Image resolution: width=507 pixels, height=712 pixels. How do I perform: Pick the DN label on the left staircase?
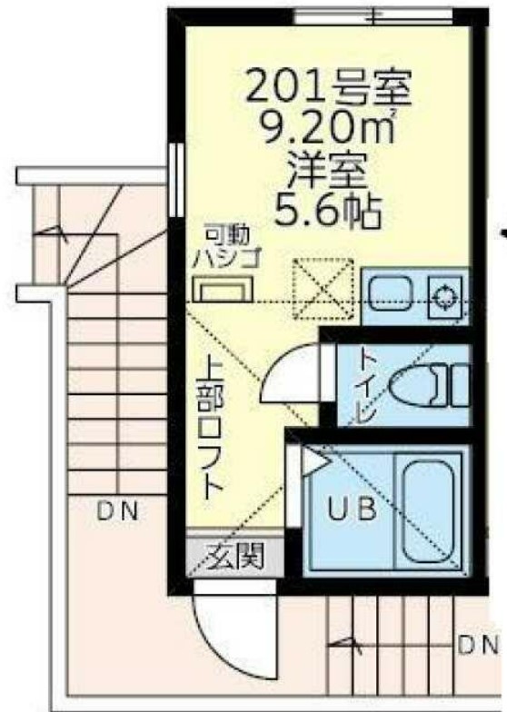(118, 510)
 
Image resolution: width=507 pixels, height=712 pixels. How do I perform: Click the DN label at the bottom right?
(477, 647)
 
